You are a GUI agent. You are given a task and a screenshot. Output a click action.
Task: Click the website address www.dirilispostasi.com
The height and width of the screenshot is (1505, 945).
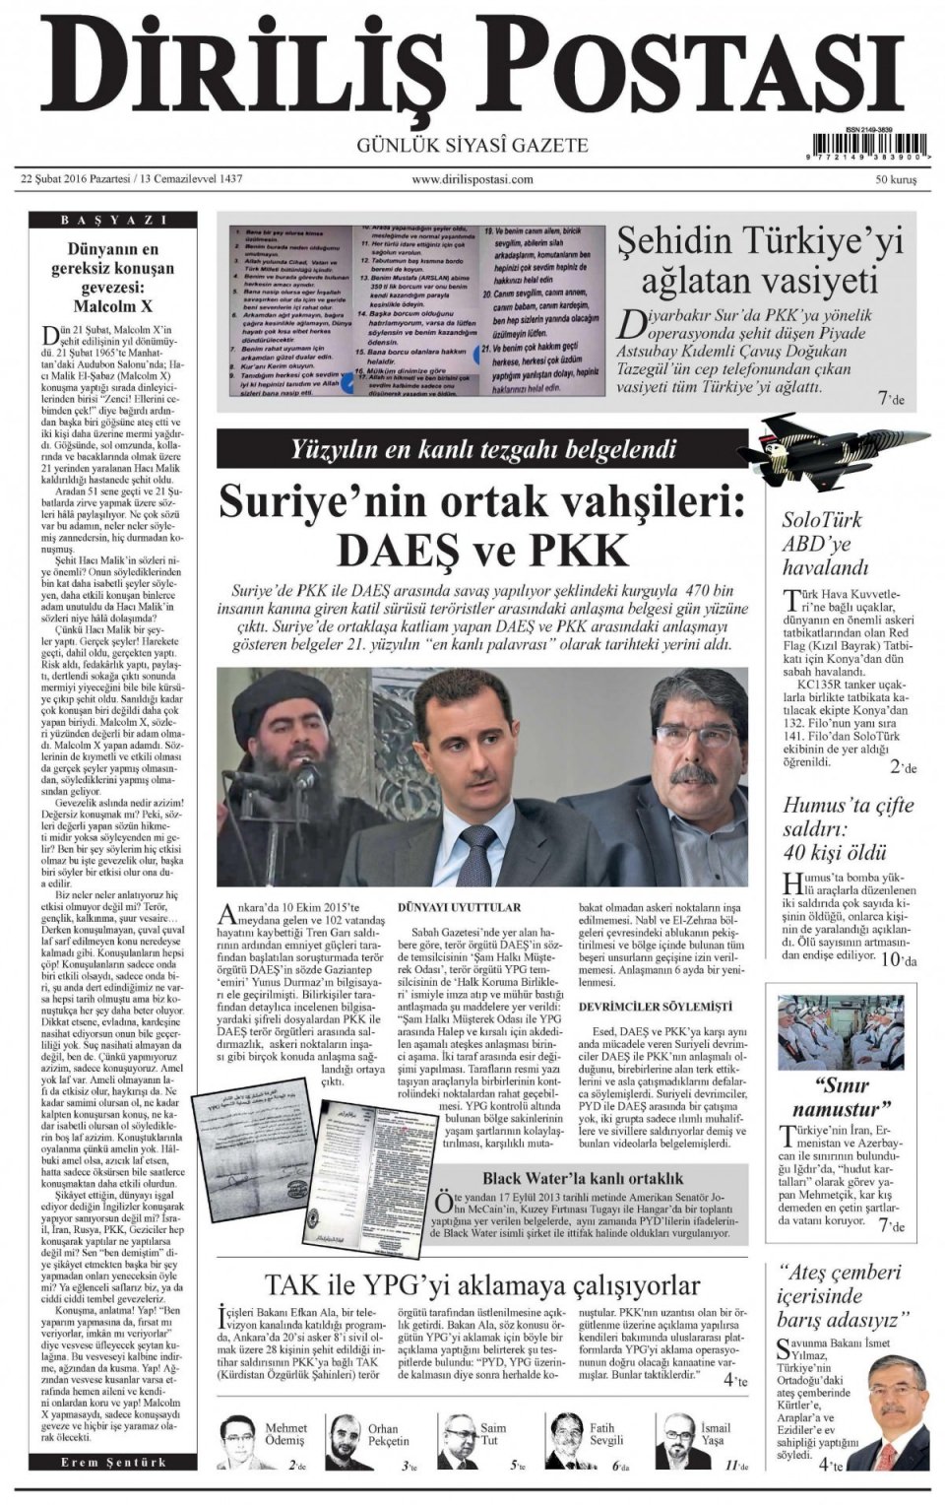point(472,179)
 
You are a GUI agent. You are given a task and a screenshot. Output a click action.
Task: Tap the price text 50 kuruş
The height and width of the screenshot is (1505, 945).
point(896,180)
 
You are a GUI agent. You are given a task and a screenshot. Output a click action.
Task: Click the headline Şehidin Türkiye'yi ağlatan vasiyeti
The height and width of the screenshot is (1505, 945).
point(759,260)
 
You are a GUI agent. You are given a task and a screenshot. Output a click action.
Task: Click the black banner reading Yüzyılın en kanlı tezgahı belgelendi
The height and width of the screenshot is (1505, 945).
point(482,449)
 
